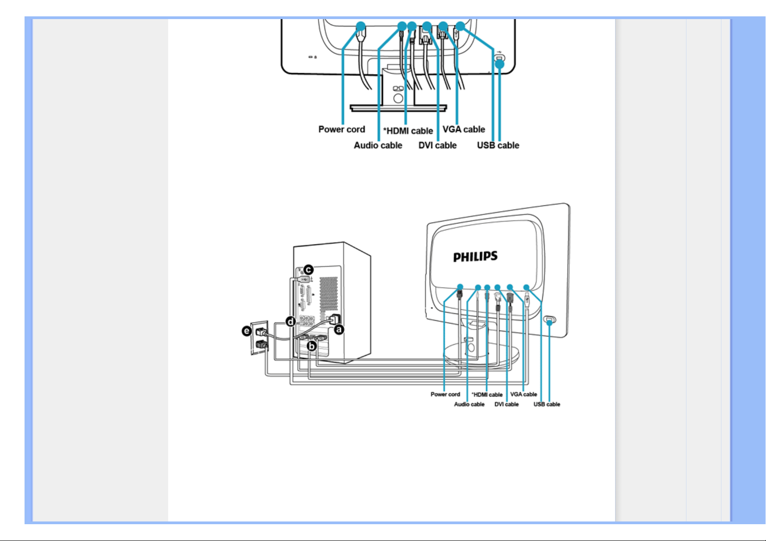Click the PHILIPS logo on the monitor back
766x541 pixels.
[475, 257]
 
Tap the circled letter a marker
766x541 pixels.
[339, 329]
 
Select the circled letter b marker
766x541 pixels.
[312, 346]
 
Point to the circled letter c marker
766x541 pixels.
[308, 270]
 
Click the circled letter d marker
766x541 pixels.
[290, 322]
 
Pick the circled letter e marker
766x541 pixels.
[246, 331]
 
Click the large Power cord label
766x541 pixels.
[341, 129]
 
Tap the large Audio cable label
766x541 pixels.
[378, 145]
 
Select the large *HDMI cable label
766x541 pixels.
[408, 131]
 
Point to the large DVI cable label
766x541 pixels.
[437, 145]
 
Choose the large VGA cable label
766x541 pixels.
[464, 129]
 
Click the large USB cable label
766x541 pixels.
[498, 145]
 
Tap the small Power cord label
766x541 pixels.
[445, 394]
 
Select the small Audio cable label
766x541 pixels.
[469, 404]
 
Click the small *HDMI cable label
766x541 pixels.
[487, 395]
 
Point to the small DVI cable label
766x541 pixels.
[506, 404]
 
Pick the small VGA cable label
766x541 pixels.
[523, 394]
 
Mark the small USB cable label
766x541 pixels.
[546, 404]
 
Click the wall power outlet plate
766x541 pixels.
[260, 338]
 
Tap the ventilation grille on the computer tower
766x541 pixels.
[328, 298]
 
